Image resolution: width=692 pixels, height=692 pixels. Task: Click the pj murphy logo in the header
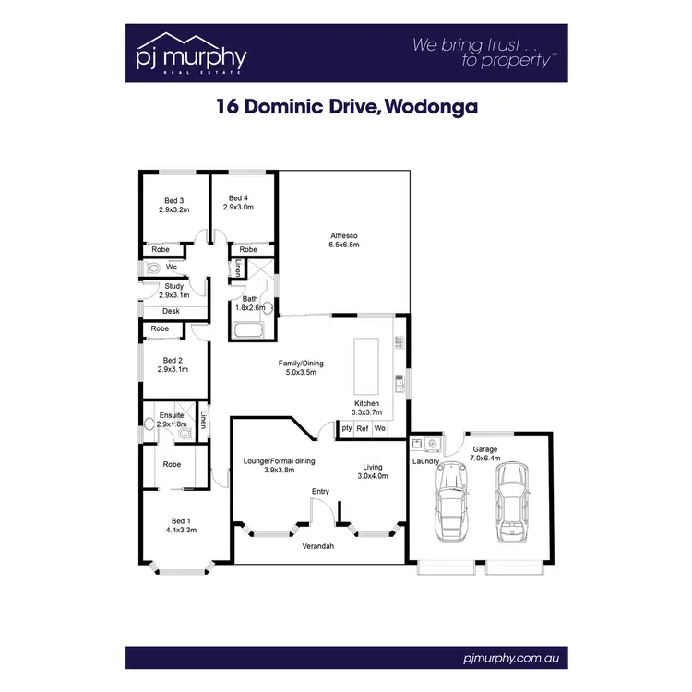(191, 54)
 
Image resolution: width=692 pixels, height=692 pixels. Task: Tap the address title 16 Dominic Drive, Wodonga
(346, 106)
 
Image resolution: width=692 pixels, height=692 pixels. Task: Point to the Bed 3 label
(174, 200)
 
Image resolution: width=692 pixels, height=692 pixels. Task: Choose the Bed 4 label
(238, 197)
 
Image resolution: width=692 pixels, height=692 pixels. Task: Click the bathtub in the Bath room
(250, 330)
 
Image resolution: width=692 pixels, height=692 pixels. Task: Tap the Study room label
(174, 286)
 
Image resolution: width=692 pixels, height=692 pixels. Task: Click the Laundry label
(425, 460)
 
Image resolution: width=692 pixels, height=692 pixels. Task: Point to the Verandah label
(317, 547)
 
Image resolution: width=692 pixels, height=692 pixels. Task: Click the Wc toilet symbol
(152, 268)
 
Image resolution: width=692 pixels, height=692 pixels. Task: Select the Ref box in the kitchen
(363, 428)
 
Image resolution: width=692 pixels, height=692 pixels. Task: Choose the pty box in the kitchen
(346, 428)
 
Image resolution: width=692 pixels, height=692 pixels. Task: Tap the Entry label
(320, 491)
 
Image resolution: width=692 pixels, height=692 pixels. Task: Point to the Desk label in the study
(171, 312)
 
